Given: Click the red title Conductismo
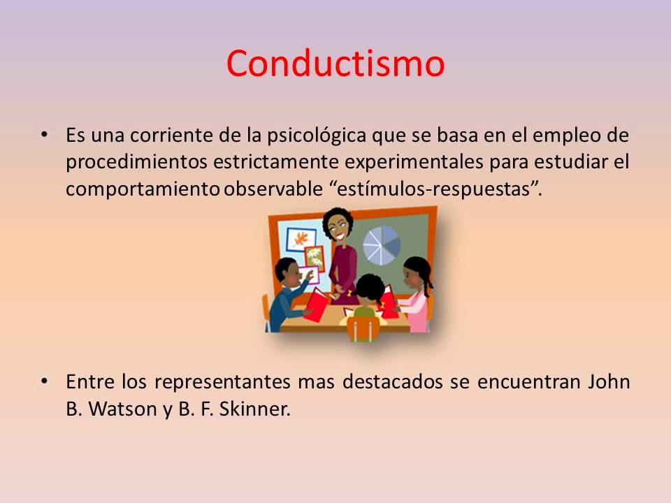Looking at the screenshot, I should [335, 64].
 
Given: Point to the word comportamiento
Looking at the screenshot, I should [143, 189].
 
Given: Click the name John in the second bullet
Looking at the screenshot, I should [609, 382].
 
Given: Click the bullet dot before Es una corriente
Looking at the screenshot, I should [45, 133].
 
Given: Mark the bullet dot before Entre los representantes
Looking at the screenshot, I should [45, 381].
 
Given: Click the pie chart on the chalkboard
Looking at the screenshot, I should [382, 241].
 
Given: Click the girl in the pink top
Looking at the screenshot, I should [417, 293].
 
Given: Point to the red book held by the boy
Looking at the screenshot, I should [317, 305].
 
